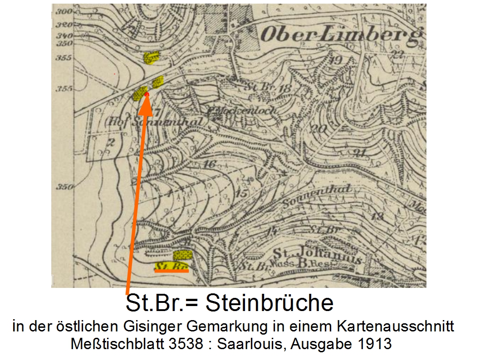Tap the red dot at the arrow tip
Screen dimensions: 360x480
(147, 94)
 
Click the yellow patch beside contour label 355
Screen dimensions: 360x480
(152, 58)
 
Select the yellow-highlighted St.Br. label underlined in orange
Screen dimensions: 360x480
(171, 267)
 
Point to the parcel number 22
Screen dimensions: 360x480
(397, 54)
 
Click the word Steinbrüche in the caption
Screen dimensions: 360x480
(269, 303)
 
